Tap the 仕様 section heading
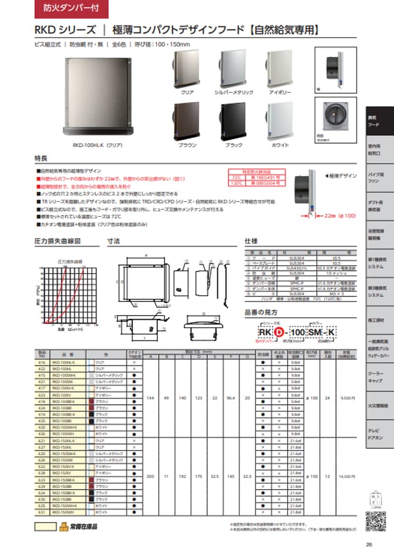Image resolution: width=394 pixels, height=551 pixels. (251, 240)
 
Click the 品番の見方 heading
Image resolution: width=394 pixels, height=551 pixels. (260, 312)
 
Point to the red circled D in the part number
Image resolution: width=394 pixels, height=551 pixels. (278, 332)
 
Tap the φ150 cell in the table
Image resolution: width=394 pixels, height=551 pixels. (312, 476)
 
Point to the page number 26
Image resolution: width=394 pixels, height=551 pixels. (369, 544)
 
